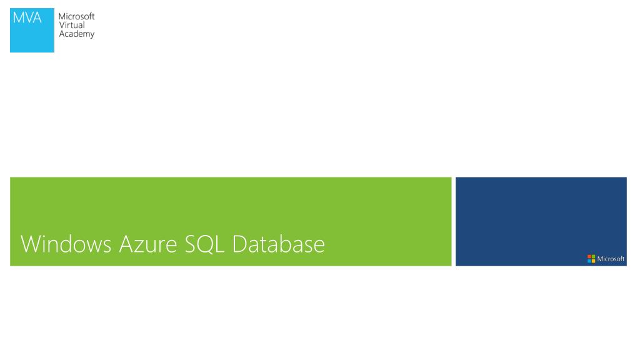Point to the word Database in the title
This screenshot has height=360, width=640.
pyautogui.click(x=279, y=244)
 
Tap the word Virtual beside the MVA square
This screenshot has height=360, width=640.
pyautogui.click(x=71, y=26)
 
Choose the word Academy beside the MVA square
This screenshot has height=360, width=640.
pyautogui.click(x=76, y=34)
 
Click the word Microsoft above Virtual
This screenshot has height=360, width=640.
pyautogui.click(x=76, y=17)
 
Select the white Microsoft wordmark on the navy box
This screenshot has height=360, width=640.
pyautogui.click(x=611, y=259)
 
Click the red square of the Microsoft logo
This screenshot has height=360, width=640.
pyautogui.click(x=589, y=257)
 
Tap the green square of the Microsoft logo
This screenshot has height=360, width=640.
pyautogui.click(x=593, y=257)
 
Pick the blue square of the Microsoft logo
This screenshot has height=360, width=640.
pyautogui.click(x=589, y=261)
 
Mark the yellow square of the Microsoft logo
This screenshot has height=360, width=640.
pyautogui.click(x=593, y=261)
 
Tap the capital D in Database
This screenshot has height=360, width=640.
pyautogui.click(x=241, y=244)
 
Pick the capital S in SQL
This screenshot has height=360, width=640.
pyautogui.click(x=191, y=244)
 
